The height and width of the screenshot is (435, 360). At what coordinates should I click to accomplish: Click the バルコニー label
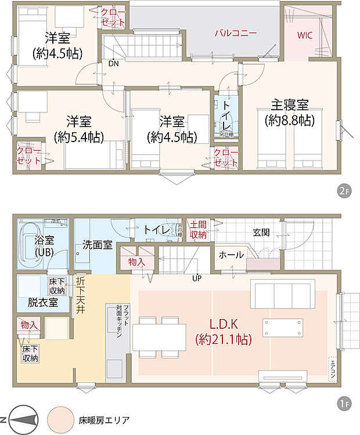pos(235,33)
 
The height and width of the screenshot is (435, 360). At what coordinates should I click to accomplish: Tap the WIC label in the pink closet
pos(305,35)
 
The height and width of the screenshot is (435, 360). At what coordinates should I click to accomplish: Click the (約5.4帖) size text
pos(78,137)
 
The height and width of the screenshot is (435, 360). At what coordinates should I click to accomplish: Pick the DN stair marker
pos(114,64)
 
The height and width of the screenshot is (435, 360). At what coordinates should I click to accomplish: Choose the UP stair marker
pos(198,277)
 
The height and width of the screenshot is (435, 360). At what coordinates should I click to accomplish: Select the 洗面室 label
pos(97,245)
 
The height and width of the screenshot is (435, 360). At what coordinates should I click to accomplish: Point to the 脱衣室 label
pos(43,302)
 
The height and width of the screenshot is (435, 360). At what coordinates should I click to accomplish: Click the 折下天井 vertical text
pos(80,295)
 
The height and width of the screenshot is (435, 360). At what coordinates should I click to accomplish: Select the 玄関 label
pos(261,232)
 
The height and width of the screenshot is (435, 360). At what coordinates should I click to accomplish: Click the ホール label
pos(231,255)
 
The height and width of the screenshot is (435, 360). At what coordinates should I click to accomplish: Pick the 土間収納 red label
pos(198,230)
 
